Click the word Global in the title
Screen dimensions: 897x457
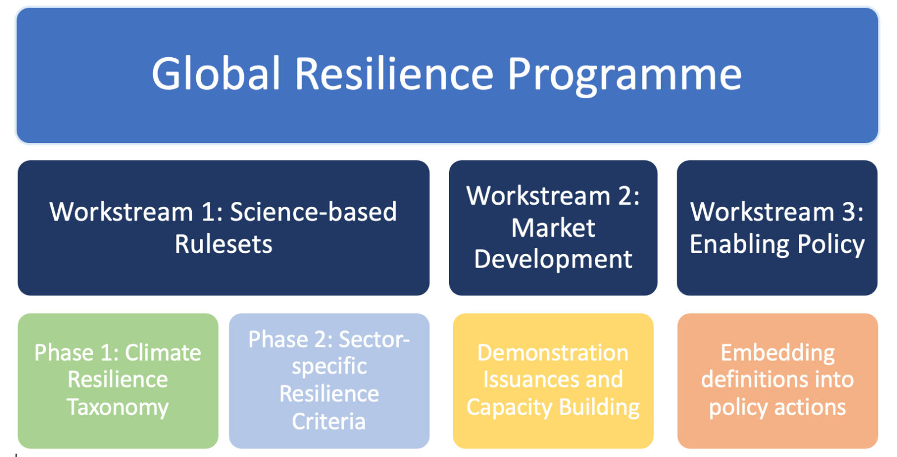click(x=215, y=74)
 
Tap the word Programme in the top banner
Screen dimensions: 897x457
click(x=625, y=76)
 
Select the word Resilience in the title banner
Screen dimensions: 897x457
click(x=394, y=74)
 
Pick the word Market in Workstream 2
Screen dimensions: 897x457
click(x=553, y=228)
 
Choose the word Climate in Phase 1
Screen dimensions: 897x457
click(x=163, y=353)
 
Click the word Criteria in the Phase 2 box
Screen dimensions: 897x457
click(x=329, y=421)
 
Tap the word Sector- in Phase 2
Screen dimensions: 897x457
click(x=374, y=339)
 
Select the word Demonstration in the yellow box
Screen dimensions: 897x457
click(x=553, y=353)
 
